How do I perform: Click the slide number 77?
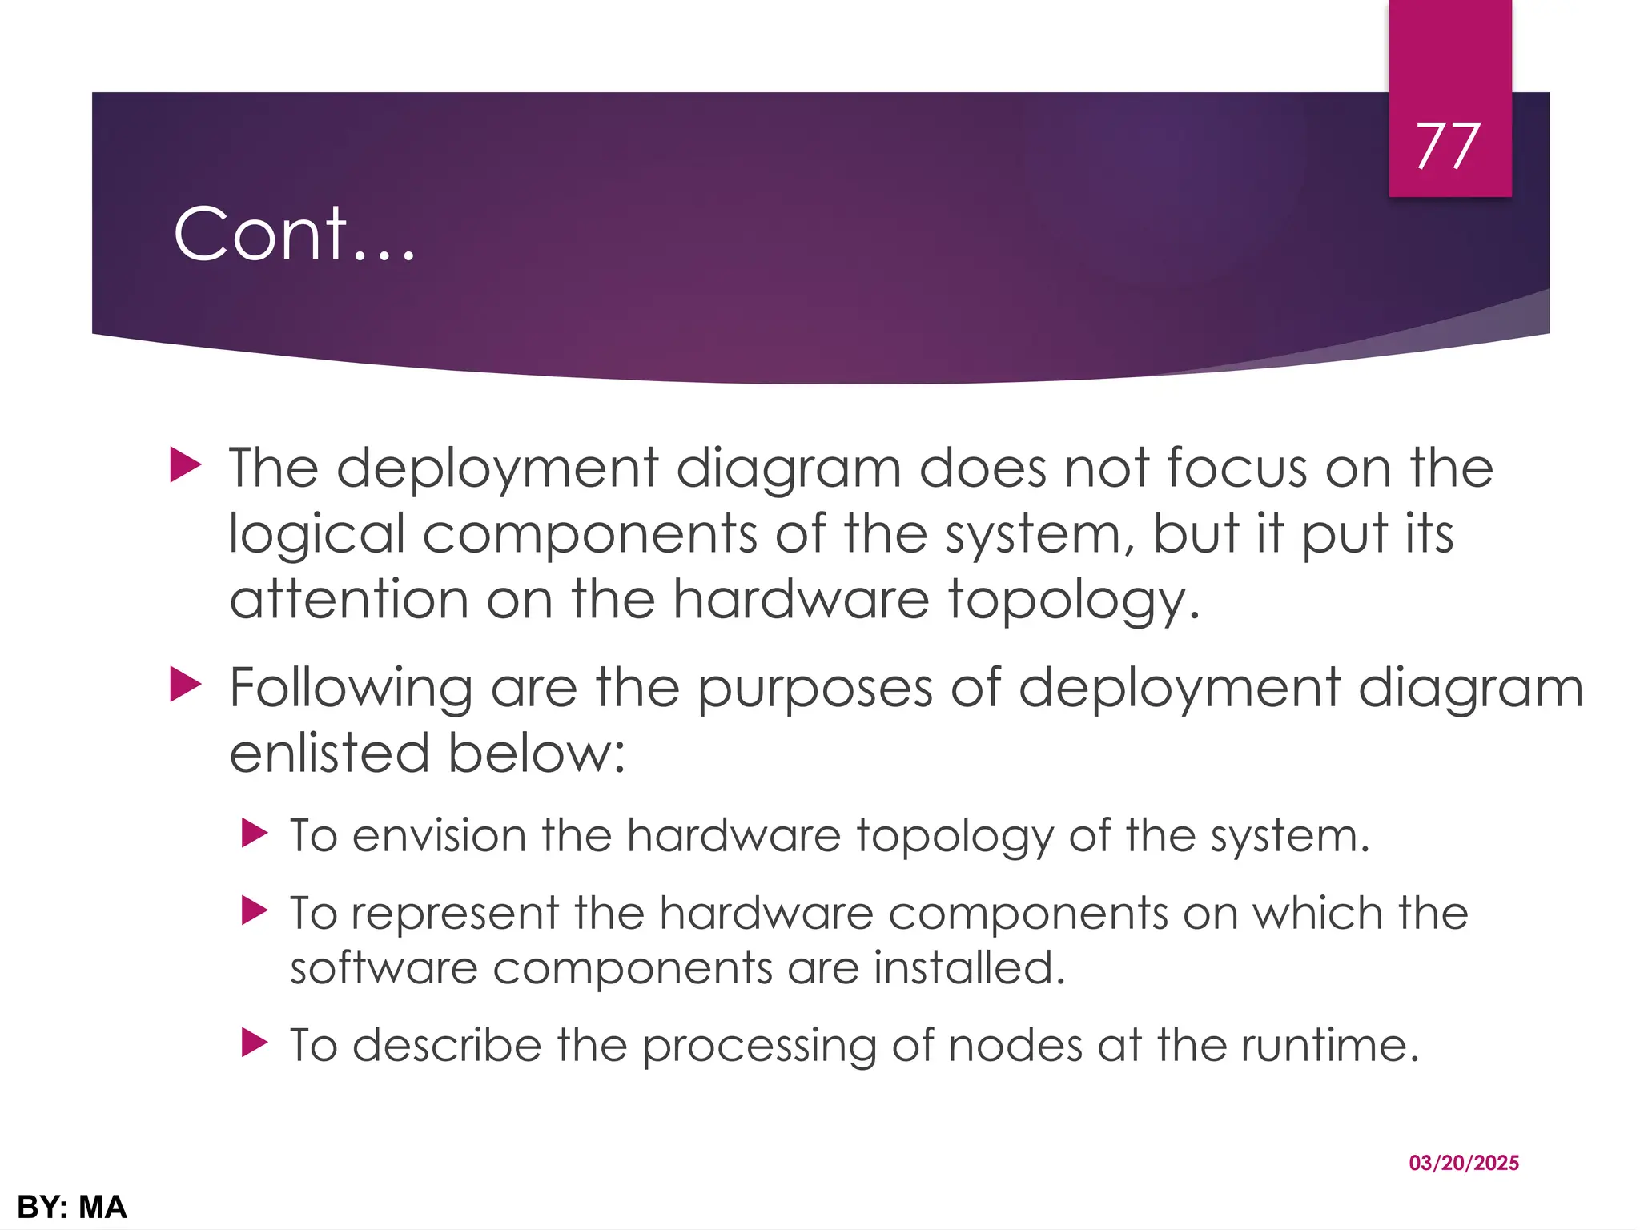(1449, 147)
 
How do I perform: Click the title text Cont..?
(294, 234)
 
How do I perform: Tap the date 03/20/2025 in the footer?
(1464, 1163)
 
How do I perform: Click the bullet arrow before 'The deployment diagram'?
(185, 465)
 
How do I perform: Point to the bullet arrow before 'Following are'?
(185, 686)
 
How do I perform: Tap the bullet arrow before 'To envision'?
(254, 834)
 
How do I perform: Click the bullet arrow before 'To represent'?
(254, 910)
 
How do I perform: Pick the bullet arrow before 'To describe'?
(254, 1043)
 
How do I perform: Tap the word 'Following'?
(351, 689)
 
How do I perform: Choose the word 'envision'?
(439, 836)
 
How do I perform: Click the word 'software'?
(384, 968)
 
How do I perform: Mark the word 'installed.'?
(969, 967)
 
